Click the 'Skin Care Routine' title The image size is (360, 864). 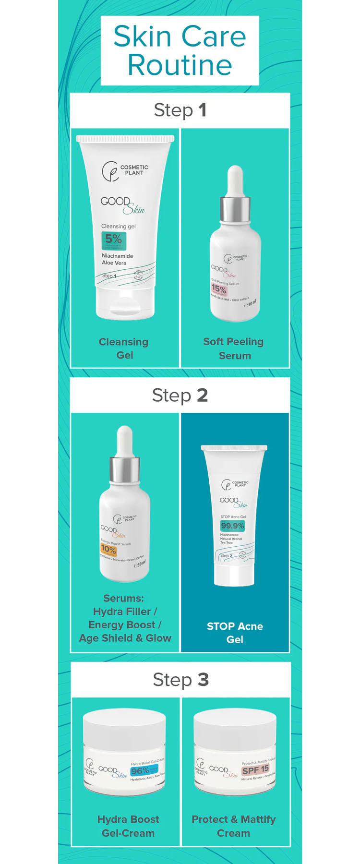(180, 50)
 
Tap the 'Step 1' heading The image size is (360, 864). (180, 110)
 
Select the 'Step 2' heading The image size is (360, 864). (180, 395)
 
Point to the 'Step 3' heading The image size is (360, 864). (180, 680)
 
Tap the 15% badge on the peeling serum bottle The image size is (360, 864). (219, 289)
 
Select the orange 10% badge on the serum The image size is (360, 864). (108, 550)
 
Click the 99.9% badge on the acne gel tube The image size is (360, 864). (232, 526)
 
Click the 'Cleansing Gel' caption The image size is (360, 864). (124, 348)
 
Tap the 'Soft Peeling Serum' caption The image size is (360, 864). (234, 348)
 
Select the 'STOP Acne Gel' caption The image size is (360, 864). (235, 633)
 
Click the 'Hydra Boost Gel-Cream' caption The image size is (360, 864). (128, 826)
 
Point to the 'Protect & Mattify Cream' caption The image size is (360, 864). (234, 826)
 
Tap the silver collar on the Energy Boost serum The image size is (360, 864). (125, 469)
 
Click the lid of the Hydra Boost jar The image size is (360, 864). (124, 726)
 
